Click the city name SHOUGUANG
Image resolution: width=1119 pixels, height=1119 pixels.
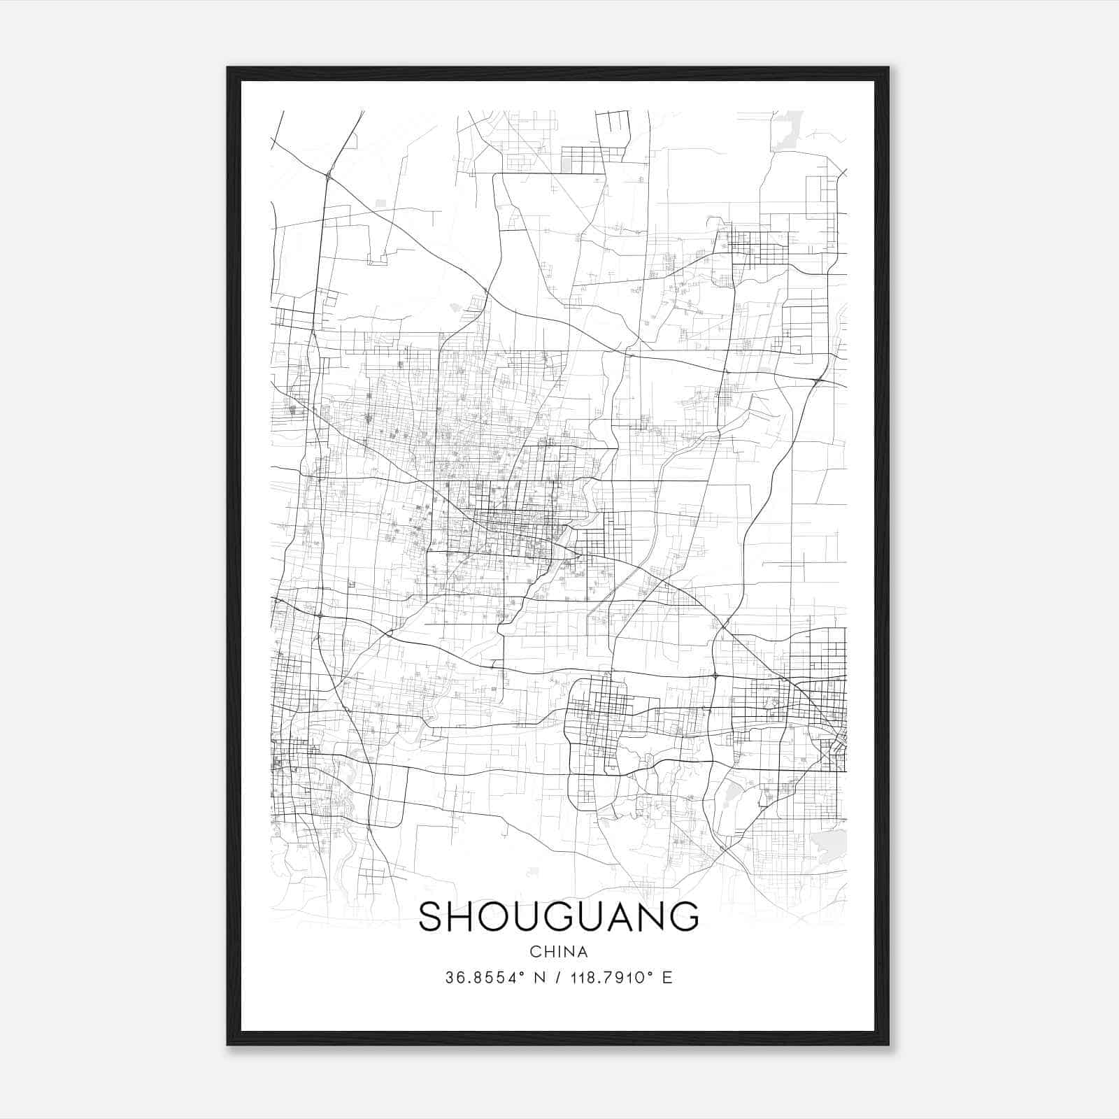[558, 917]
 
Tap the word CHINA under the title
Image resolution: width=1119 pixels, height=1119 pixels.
[558, 952]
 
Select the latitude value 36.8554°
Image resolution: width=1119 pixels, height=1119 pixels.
[484, 978]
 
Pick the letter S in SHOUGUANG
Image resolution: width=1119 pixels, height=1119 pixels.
[432, 917]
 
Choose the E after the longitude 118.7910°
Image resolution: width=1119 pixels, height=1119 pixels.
[667, 978]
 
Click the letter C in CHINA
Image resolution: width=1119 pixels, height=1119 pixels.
[535, 952]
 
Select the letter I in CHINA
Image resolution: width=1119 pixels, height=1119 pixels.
[558, 952]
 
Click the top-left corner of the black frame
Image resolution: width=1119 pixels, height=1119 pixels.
[228, 68]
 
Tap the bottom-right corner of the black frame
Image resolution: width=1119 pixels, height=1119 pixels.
[888, 1045]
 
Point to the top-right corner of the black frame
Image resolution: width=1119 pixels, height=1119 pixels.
[888, 68]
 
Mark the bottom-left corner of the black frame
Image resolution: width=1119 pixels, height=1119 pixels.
[228, 1045]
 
